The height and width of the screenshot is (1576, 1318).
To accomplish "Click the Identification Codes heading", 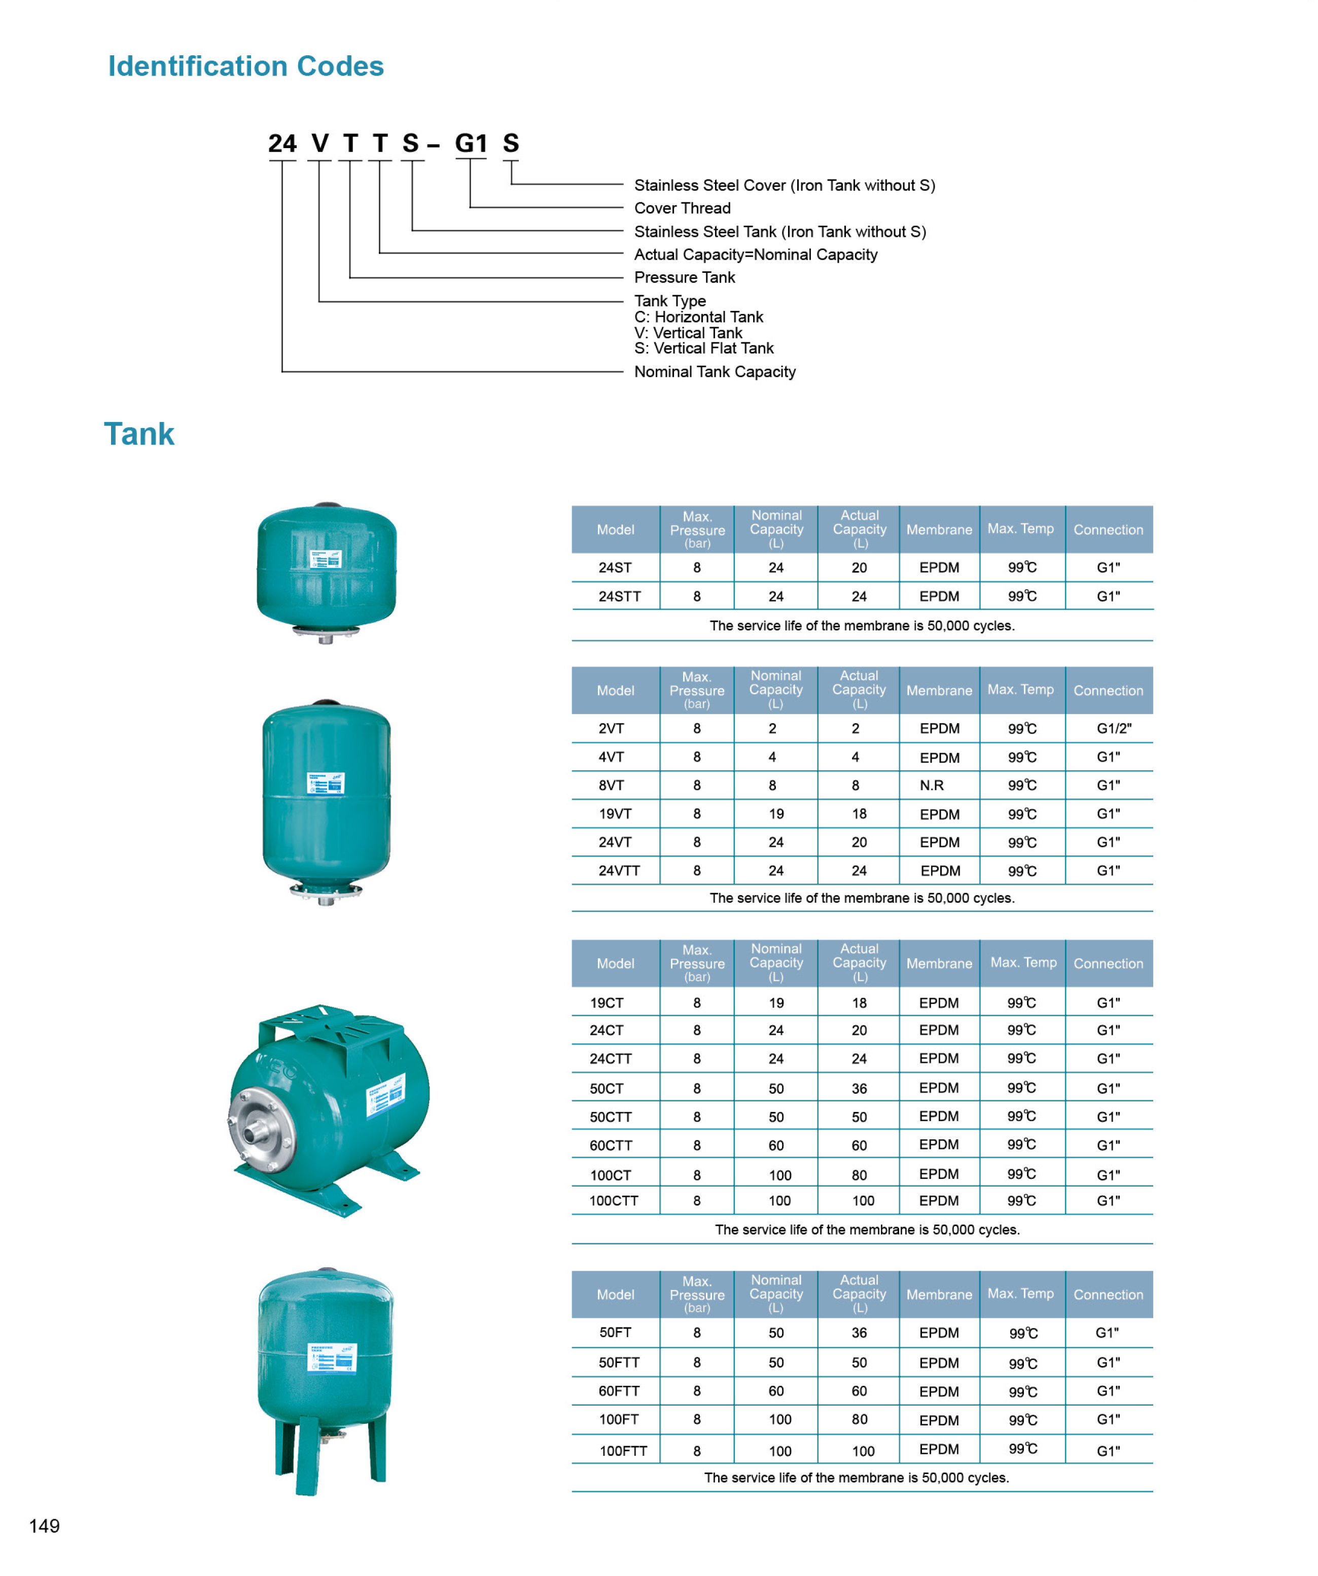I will coord(245,66).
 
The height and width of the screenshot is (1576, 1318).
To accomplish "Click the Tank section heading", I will coord(139,434).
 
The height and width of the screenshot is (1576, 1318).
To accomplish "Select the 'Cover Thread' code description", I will coord(682,208).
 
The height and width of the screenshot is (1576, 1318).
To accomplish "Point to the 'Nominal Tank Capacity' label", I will coord(715,372).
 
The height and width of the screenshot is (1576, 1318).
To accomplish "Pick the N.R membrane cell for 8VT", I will coord(932,785).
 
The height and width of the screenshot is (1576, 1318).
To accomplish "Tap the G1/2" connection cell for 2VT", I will coord(1114,728).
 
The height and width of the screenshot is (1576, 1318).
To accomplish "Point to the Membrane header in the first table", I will coord(939,529).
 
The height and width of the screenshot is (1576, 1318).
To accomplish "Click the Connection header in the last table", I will coord(1108,1295).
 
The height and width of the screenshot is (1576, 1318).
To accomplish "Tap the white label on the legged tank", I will coord(332,1358).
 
